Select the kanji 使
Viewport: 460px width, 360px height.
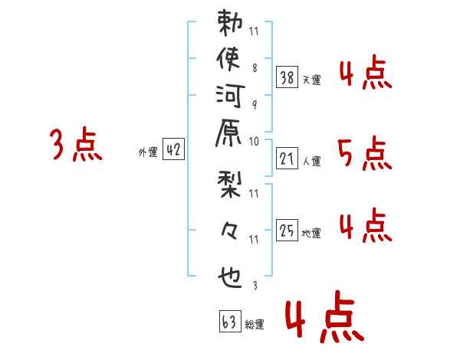(230, 60)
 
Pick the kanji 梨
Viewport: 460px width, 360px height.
(230, 186)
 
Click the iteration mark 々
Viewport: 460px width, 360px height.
(230, 230)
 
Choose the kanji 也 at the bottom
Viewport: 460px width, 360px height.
(230, 276)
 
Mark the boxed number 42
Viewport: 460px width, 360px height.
(173, 150)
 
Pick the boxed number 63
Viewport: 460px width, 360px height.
(229, 322)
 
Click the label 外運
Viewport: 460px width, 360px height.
(148, 152)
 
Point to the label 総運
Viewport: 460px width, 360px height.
(255, 325)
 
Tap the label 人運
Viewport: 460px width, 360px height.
(312, 161)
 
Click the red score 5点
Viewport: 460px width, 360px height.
(364, 155)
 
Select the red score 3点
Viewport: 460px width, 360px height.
(76, 146)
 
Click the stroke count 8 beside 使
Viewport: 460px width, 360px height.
(254, 67)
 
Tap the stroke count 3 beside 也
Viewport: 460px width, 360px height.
(254, 286)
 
